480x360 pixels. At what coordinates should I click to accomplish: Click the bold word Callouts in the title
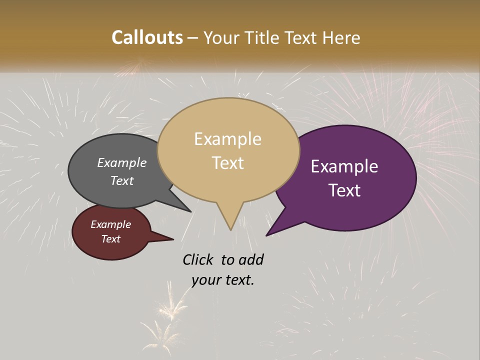(x=147, y=37)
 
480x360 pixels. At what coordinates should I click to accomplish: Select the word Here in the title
(x=342, y=37)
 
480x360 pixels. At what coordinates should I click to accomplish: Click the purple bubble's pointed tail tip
(x=267, y=234)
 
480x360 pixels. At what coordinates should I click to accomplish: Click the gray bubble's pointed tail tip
(x=190, y=211)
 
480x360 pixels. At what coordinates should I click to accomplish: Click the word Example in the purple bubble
(x=344, y=166)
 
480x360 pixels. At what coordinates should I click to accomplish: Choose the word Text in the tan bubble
(x=228, y=163)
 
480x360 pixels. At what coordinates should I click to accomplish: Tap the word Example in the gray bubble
(x=122, y=162)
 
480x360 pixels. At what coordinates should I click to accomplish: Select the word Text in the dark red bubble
(x=111, y=239)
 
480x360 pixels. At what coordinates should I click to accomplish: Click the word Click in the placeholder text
(x=198, y=259)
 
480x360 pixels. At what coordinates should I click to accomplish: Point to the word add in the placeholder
(x=251, y=259)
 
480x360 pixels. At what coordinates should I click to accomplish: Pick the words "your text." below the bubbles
(x=223, y=280)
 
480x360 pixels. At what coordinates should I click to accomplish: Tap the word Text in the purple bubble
(x=345, y=190)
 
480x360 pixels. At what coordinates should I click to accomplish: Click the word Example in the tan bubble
(x=228, y=139)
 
